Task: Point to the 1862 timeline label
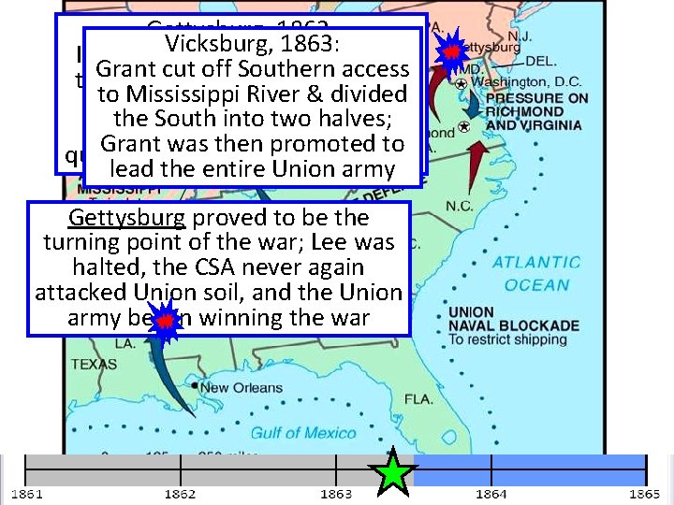179,493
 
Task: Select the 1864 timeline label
491,493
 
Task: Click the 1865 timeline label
645,493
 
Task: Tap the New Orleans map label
241,388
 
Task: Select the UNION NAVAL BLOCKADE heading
513,319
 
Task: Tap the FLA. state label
418,399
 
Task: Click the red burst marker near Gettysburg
452,52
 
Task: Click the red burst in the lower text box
165,321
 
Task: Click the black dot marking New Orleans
195,385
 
